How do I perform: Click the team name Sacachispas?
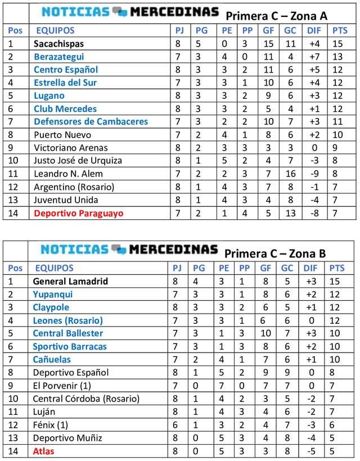(58, 43)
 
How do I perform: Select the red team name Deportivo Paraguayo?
(78, 213)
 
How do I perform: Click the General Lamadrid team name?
(70, 281)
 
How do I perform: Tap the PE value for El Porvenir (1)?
(224, 386)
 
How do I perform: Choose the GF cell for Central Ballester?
(268, 333)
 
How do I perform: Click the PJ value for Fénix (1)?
(177, 425)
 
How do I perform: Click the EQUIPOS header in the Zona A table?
(55, 30)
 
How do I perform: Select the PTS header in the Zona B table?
(337, 268)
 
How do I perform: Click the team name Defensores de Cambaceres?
(91, 121)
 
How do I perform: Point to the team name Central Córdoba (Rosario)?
(86, 399)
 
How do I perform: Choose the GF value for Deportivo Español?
(268, 372)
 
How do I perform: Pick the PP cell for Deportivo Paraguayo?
(245, 213)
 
